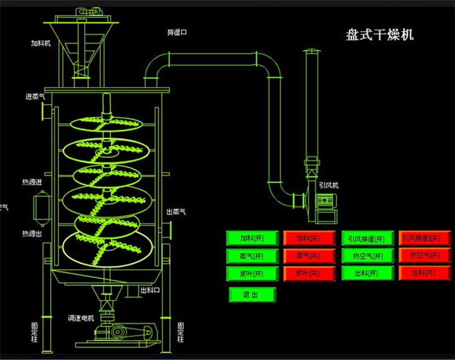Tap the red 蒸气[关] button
(307, 255)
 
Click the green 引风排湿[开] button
(367, 238)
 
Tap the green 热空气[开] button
(367, 255)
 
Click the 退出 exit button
(251, 294)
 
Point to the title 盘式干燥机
(380, 35)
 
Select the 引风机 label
(328, 185)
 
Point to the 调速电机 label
(80, 318)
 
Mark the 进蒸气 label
(35, 97)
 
